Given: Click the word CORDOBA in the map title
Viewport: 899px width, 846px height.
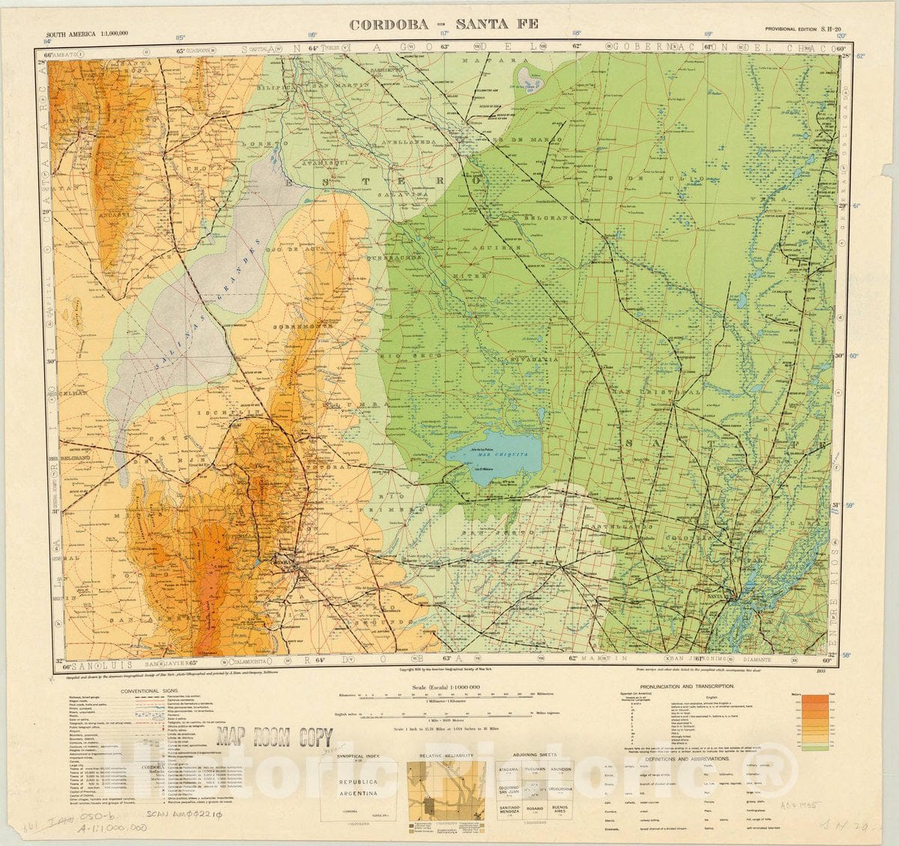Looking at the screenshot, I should (x=389, y=24).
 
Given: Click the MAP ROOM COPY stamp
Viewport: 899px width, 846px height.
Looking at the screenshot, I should (x=274, y=737).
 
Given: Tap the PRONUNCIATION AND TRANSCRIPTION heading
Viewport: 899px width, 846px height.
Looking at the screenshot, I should (x=682, y=686).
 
